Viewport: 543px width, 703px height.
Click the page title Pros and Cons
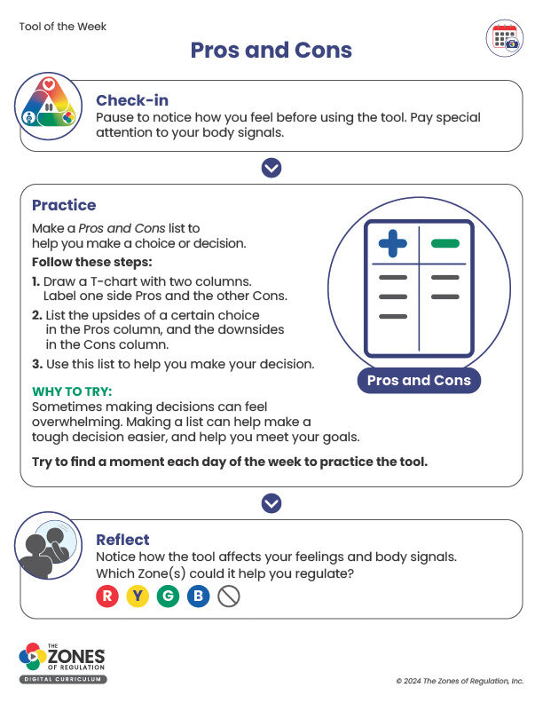[x=271, y=50]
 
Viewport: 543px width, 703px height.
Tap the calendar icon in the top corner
[x=505, y=37]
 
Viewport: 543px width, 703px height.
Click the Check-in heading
[x=132, y=100]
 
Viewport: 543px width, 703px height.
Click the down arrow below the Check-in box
[x=271, y=168]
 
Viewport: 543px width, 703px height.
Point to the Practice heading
[x=64, y=205]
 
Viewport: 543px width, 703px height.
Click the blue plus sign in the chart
[x=392, y=244]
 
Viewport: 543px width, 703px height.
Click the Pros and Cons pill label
[x=419, y=381]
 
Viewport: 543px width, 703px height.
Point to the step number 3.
[x=35, y=364]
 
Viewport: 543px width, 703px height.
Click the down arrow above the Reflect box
[x=271, y=503]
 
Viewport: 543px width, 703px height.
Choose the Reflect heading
[x=122, y=540]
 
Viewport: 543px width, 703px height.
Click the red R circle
[x=107, y=596]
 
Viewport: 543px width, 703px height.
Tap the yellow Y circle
[x=138, y=596]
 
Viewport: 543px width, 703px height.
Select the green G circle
[x=168, y=596]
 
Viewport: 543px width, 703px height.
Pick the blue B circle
[x=198, y=596]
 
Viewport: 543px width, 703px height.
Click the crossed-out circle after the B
[x=229, y=596]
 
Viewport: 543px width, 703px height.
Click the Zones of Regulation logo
[x=63, y=662]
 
